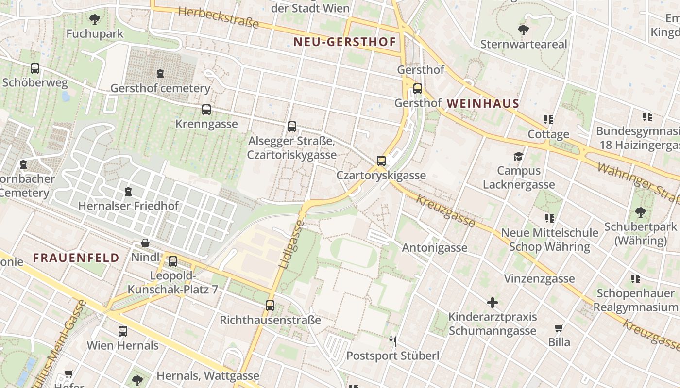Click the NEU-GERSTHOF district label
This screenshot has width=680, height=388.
(345, 42)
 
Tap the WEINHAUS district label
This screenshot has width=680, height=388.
(483, 103)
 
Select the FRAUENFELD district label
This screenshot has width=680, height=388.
(76, 258)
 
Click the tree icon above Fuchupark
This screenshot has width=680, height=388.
(95, 19)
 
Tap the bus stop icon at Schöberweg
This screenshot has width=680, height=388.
(35, 68)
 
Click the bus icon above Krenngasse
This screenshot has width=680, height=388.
(206, 110)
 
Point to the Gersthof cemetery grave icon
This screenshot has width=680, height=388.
(160, 74)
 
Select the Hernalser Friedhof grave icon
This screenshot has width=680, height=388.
(128, 192)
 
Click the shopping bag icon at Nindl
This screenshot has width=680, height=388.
(145, 243)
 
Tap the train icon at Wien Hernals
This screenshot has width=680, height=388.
(123, 331)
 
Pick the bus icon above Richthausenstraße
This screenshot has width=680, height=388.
(270, 306)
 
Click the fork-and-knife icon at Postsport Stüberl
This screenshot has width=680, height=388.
(393, 341)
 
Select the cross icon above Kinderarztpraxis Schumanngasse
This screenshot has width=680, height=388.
(493, 303)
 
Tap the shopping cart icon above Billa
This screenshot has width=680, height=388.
(559, 328)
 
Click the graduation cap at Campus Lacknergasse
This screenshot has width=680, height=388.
(519, 156)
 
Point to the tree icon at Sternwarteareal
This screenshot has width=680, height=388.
(524, 30)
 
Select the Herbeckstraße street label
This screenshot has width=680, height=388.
(219, 18)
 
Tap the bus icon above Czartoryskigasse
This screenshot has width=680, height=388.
(381, 161)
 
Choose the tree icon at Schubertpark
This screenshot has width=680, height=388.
(640, 212)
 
